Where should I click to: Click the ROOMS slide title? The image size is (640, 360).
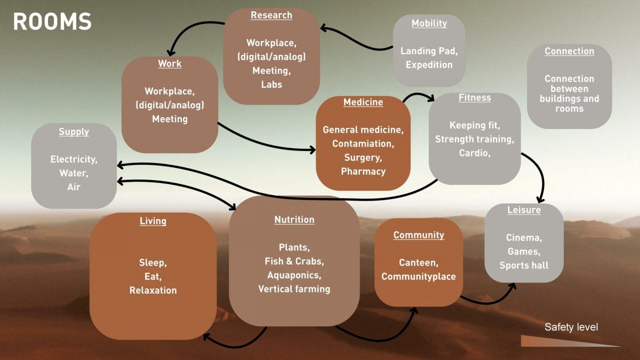[52, 22]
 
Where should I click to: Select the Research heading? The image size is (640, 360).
[271, 15]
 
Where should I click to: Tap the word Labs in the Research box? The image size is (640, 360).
[271, 84]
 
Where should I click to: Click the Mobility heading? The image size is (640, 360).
[429, 23]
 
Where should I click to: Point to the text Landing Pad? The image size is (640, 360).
[429, 51]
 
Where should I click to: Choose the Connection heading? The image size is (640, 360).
[569, 51]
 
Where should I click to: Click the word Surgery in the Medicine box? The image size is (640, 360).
[363, 158]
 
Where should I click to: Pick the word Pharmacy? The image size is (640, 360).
[363, 171]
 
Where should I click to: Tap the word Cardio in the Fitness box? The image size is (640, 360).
[473, 153]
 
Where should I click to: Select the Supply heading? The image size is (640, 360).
[74, 132]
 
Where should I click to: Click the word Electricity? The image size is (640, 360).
[74, 159]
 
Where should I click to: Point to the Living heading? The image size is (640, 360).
[153, 221]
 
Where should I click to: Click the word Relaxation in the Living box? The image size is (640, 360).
[153, 290]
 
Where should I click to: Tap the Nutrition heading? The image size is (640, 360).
[294, 220]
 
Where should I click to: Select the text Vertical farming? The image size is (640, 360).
[294, 289]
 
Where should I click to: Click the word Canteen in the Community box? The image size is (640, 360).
[418, 263]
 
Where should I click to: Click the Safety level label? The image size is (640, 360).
[571, 327]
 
